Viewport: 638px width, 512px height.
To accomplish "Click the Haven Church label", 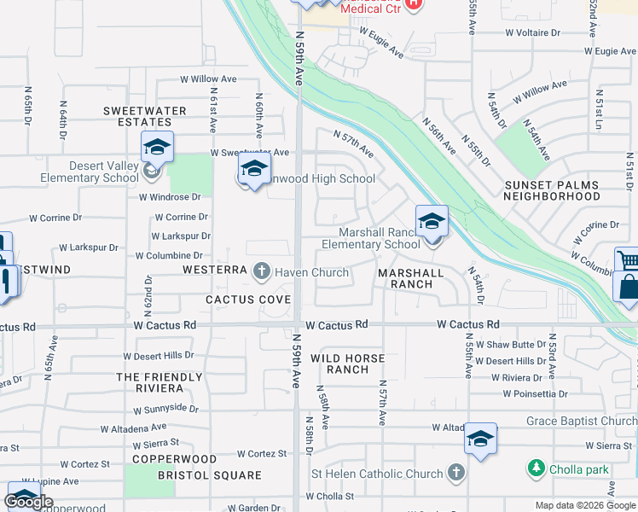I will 311,273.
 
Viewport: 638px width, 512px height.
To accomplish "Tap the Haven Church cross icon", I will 262,272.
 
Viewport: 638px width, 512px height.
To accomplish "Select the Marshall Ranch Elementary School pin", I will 432,222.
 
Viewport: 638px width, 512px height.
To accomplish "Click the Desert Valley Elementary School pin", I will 157,148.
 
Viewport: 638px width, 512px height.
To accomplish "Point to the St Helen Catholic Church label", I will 377,474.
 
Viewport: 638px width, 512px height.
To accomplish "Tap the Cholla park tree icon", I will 536,468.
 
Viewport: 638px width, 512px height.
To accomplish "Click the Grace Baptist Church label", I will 581,421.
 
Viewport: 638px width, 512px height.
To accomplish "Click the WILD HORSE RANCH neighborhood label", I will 347,364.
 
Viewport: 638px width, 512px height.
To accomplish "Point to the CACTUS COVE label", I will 248,300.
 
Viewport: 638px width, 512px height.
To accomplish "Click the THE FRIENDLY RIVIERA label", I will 159,383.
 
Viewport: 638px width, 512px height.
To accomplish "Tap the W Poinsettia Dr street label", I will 535,393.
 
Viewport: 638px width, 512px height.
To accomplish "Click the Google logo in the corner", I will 28,502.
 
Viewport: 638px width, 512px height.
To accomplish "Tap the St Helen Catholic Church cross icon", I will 456,473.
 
